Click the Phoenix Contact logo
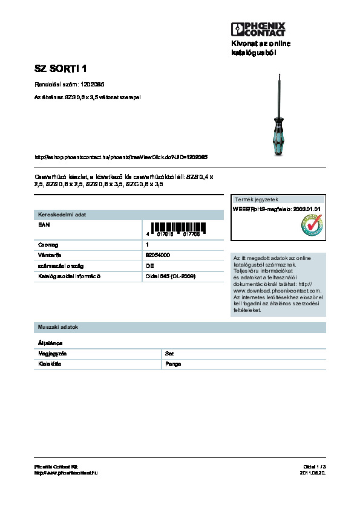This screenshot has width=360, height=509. [258, 28]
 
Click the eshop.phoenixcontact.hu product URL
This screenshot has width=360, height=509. [122, 157]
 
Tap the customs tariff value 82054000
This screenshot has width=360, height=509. [158, 255]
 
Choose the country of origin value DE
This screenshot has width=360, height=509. [149, 265]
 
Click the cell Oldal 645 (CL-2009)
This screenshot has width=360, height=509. [171, 276]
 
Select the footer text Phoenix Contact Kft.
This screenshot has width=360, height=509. [57, 467]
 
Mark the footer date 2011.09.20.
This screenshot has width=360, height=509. [313, 473]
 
